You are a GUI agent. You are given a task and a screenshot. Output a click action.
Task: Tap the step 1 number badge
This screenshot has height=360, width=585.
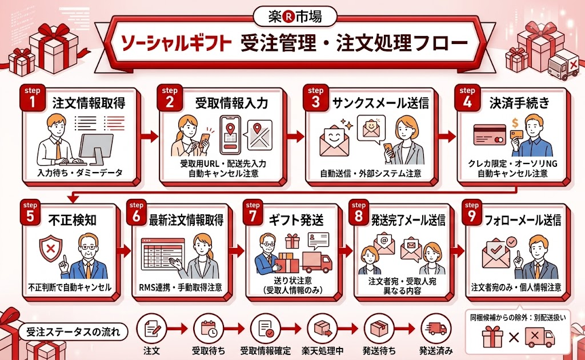[29, 101]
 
